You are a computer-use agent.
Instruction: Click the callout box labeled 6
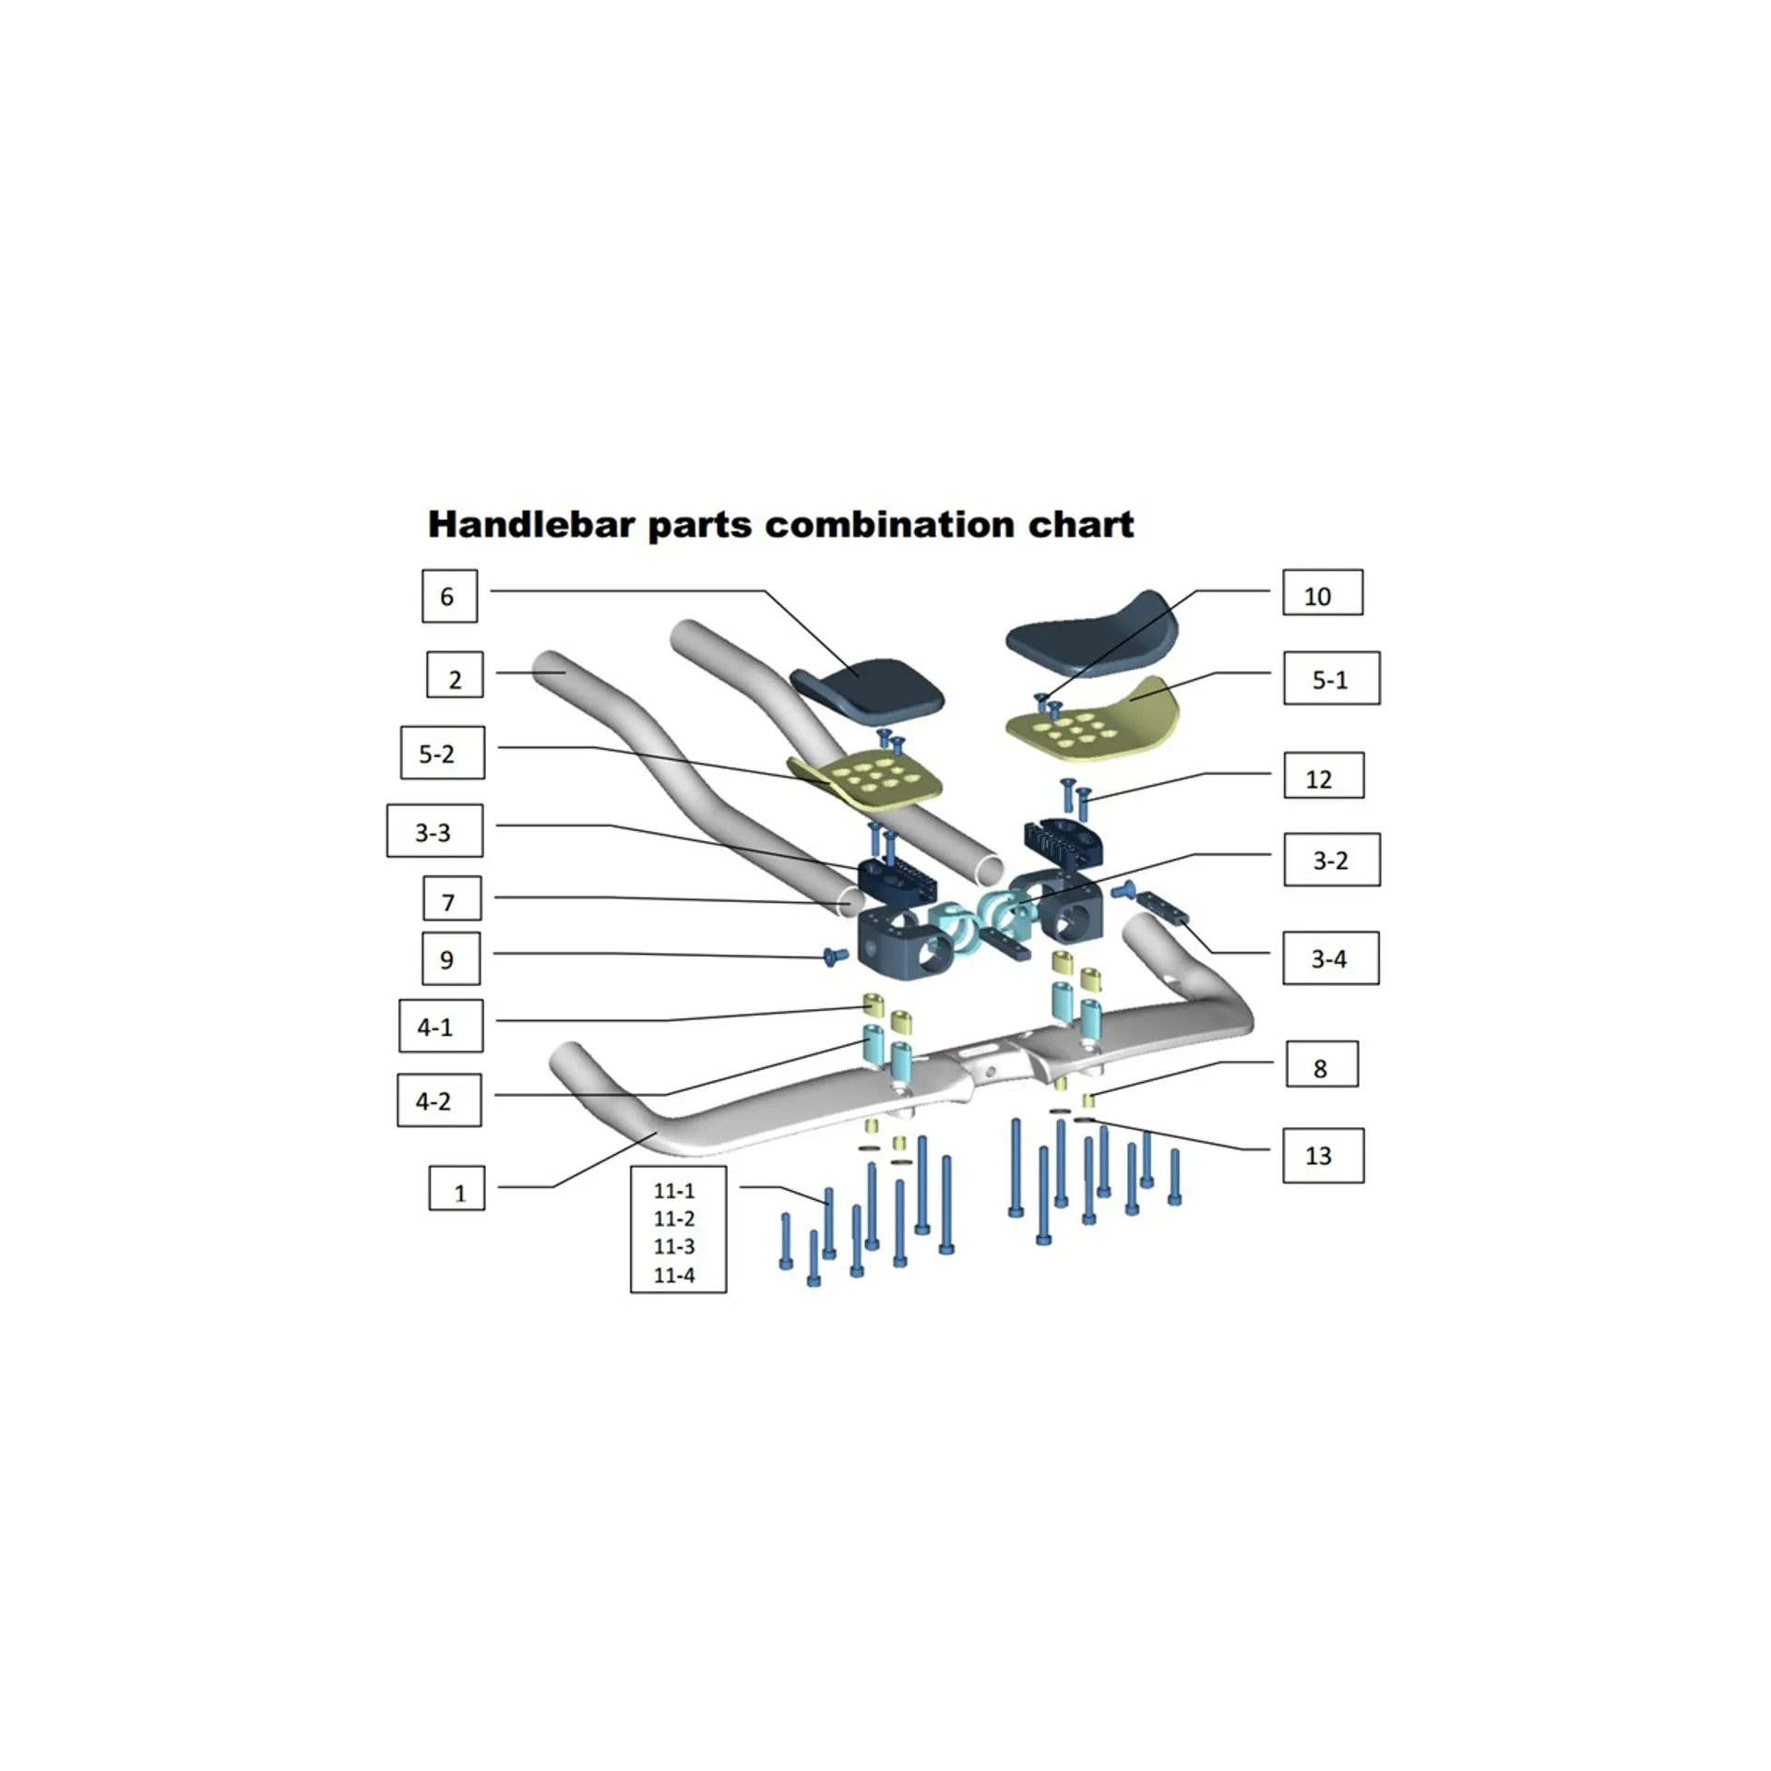[449, 596]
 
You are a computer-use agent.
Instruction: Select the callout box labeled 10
[1322, 593]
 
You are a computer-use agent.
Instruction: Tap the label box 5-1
[1331, 679]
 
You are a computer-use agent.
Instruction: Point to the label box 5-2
[442, 753]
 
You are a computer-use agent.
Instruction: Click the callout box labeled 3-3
[434, 831]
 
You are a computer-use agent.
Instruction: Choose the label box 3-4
[1330, 958]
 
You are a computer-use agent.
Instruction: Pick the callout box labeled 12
[1323, 777]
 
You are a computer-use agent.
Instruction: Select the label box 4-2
[439, 1099]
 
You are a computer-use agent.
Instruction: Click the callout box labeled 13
[1323, 1155]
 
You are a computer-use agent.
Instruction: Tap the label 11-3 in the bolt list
[674, 1246]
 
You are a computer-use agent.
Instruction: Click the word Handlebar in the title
[531, 524]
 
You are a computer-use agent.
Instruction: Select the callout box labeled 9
[450, 958]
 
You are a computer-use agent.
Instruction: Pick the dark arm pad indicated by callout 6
[867, 686]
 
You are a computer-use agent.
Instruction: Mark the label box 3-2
[1331, 860]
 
